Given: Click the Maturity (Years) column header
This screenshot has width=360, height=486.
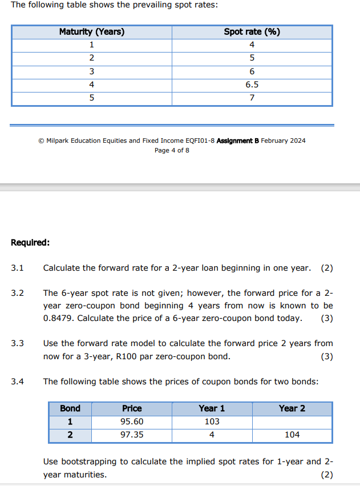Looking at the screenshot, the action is click(x=92, y=32).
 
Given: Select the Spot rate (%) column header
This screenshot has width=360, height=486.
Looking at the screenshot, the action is click(x=252, y=32).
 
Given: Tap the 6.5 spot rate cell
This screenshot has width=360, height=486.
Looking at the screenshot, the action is click(x=252, y=85).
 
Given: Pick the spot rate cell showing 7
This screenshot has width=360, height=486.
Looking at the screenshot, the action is click(x=252, y=98).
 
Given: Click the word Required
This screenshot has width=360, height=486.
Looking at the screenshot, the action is click(x=30, y=242).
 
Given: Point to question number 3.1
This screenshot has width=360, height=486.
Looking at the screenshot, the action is click(x=17, y=268).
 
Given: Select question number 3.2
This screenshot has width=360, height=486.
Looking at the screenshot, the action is click(x=17, y=293).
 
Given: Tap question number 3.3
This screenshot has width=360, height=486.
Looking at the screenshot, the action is click(x=17, y=343).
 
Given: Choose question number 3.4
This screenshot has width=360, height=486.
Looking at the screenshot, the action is click(x=17, y=381).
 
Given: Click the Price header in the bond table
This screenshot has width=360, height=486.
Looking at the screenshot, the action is click(x=132, y=408).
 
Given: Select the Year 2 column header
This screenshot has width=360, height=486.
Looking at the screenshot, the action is click(x=292, y=408).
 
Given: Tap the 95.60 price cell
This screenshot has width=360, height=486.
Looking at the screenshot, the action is click(x=132, y=421).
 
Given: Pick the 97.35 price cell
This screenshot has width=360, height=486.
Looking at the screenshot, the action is click(x=132, y=435).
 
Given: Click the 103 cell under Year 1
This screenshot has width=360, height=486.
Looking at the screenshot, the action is click(x=212, y=421).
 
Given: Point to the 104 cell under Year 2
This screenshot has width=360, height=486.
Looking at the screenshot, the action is click(x=292, y=435).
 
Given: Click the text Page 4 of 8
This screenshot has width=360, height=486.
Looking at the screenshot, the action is click(x=172, y=150).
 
